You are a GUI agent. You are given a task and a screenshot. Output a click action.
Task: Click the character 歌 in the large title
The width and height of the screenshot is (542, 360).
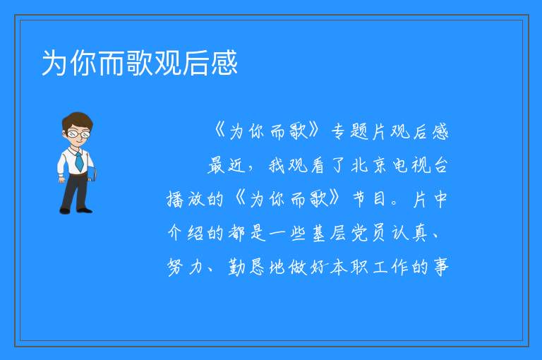(x=140, y=63)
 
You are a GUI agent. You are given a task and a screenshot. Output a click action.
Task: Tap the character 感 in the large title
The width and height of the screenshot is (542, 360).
(x=224, y=63)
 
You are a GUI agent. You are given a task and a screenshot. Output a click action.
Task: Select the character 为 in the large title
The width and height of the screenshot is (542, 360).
(x=54, y=63)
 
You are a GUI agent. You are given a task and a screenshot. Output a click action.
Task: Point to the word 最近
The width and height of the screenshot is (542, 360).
(x=227, y=165)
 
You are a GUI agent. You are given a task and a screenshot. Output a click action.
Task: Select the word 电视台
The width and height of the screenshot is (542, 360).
(x=421, y=165)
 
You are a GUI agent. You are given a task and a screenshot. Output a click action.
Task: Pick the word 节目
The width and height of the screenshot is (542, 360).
(x=368, y=199)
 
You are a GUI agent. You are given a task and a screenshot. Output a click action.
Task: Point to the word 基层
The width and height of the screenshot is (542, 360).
(x=329, y=233)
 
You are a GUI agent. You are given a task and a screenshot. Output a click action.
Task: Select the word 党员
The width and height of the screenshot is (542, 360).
(x=368, y=233)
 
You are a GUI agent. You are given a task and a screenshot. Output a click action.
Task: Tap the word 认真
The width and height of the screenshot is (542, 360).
(x=410, y=233)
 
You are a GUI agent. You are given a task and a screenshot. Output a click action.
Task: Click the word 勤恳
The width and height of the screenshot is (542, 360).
(x=246, y=267)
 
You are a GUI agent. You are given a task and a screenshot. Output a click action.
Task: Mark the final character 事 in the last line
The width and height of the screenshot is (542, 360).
(x=440, y=267)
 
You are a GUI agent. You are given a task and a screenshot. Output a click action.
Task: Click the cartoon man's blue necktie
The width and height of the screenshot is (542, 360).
(x=79, y=162)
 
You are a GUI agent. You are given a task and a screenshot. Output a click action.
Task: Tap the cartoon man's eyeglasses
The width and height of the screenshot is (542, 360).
(x=78, y=133)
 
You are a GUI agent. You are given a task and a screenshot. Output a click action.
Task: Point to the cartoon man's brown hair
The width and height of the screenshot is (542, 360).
(x=77, y=120)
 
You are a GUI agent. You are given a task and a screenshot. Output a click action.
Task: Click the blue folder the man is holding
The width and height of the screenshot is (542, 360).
(x=92, y=174)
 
